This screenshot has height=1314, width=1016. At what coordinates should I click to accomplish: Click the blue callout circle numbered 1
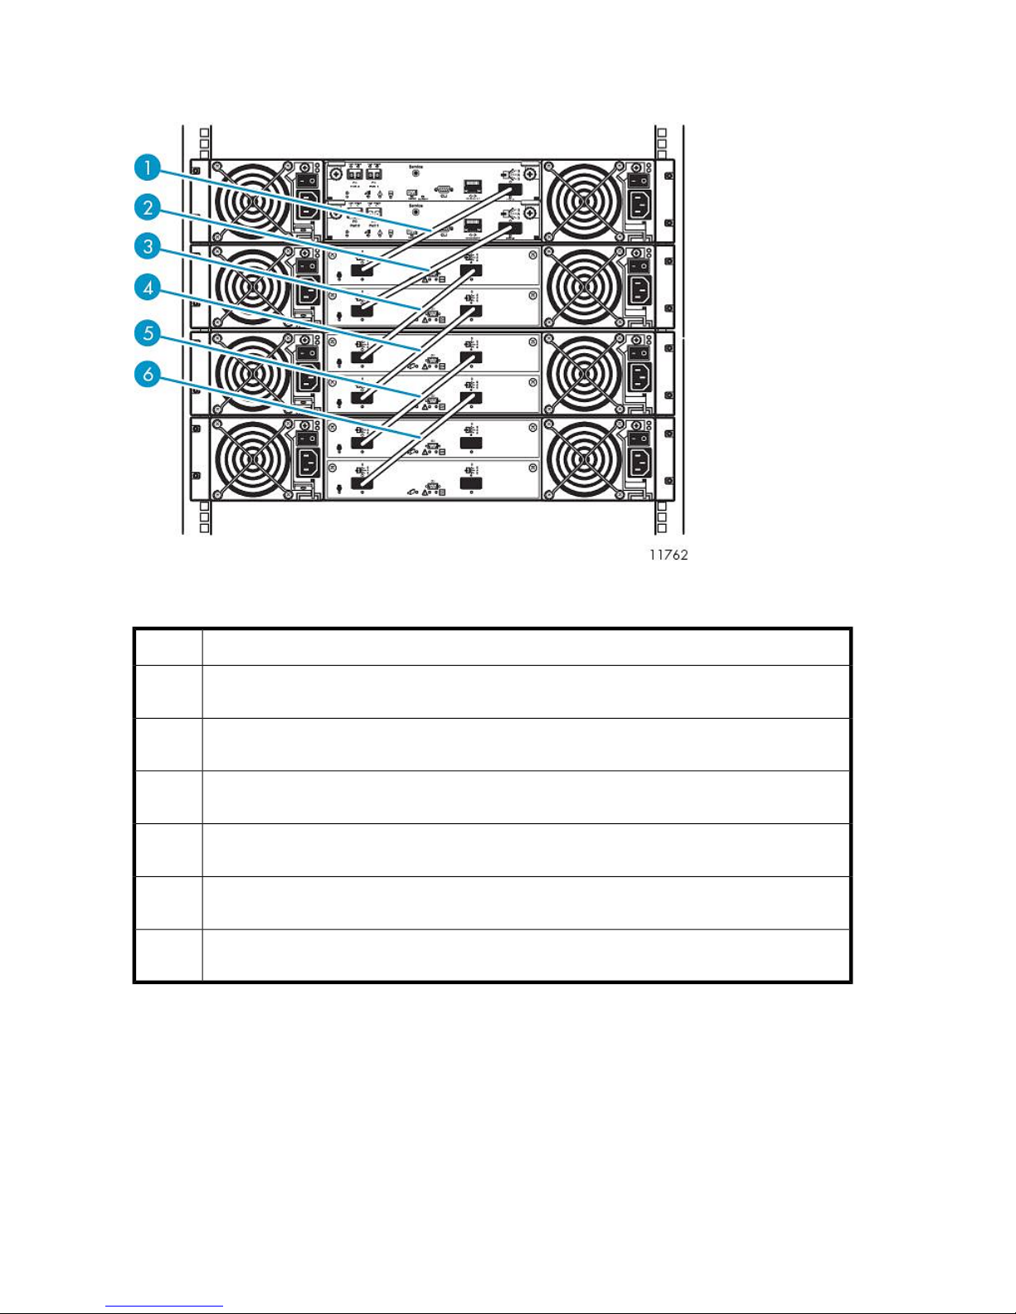click(148, 168)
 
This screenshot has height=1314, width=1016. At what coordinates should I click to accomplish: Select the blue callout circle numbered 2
click(148, 207)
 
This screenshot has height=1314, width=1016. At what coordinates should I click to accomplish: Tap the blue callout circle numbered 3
click(148, 246)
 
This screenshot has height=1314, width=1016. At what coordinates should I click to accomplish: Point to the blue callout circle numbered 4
click(148, 288)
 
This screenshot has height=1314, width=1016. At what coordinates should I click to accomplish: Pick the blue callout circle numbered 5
click(148, 333)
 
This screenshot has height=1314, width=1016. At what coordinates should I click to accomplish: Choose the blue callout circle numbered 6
click(148, 374)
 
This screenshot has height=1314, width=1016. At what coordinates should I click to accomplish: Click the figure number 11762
click(668, 555)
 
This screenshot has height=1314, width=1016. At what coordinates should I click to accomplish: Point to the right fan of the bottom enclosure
click(585, 458)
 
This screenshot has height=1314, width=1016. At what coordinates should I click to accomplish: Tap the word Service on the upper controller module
click(416, 167)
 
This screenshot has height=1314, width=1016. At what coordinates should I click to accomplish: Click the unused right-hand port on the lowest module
click(471, 482)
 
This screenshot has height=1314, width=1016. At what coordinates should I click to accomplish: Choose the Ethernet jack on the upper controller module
click(473, 184)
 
